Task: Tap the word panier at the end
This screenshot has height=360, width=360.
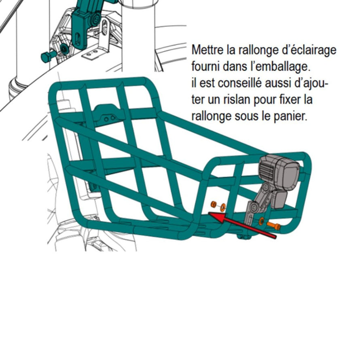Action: point(292,116)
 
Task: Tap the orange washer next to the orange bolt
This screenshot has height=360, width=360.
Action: point(262,221)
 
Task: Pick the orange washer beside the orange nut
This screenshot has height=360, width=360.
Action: point(223,207)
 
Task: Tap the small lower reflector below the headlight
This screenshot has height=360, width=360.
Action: point(279,199)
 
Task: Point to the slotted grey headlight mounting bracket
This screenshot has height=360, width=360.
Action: point(251,214)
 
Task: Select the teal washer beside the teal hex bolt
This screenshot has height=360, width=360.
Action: point(64,49)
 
